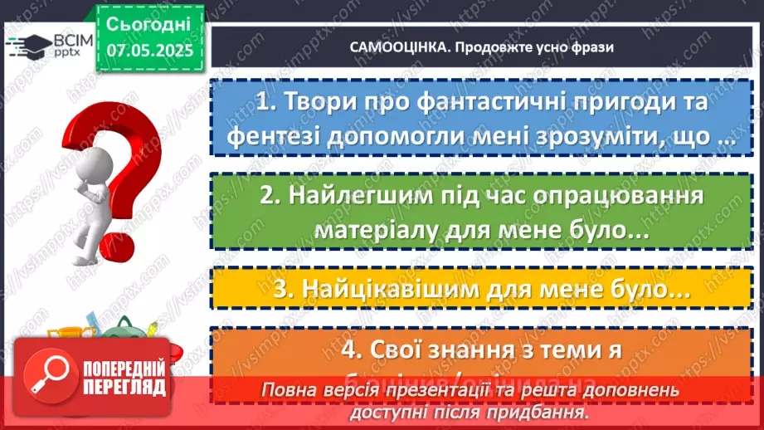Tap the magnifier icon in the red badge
tap(47, 378)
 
